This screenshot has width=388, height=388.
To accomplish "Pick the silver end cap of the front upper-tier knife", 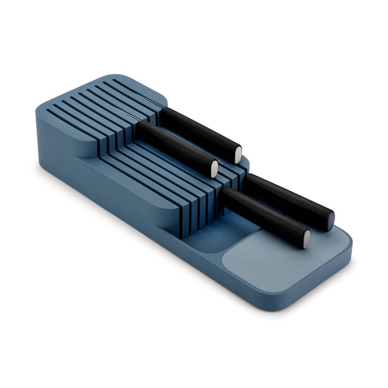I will [214, 167].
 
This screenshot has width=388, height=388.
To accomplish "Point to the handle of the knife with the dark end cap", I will [286, 196].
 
